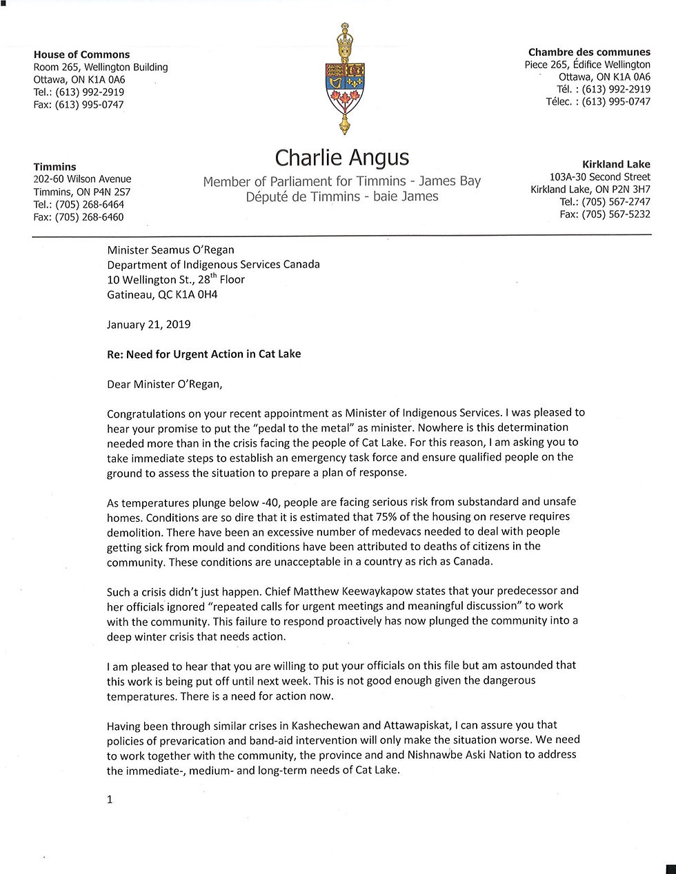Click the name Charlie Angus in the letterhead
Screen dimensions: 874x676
coord(341,158)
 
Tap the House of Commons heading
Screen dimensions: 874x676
coord(81,54)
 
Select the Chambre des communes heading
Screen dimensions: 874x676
coord(589,52)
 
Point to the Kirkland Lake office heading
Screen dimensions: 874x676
coord(616,164)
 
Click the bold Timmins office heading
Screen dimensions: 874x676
coord(55,167)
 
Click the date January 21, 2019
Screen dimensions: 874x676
coord(149,324)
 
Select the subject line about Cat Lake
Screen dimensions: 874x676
coord(203,354)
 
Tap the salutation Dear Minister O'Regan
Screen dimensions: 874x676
coord(165,384)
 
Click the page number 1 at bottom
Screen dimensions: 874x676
coord(110,800)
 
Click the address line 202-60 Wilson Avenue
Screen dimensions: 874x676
coord(82,179)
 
